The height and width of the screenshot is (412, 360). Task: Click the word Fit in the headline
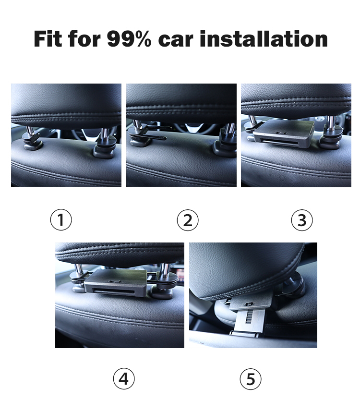[x=48, y=39]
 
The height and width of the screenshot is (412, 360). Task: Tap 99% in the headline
[x=129, y=39]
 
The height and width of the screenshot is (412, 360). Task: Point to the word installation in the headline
[x=264, y=39]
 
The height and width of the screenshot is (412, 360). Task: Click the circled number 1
[x=61, y=219]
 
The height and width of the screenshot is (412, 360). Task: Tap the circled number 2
[x=188, y=220]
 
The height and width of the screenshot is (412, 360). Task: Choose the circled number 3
[x=302, y=220]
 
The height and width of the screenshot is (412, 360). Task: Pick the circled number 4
[x=124, y=379]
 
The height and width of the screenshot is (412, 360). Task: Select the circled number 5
[x=251, y=379]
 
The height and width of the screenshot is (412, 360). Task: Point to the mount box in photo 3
[x=284, y=134]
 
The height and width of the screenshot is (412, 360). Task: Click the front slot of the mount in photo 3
[x=280, y=143]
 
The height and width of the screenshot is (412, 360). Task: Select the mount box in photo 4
[x=116, y=283]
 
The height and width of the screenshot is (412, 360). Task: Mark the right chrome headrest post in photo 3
[x=331, y=122]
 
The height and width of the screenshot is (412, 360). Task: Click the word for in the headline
[x=84, y=39]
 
